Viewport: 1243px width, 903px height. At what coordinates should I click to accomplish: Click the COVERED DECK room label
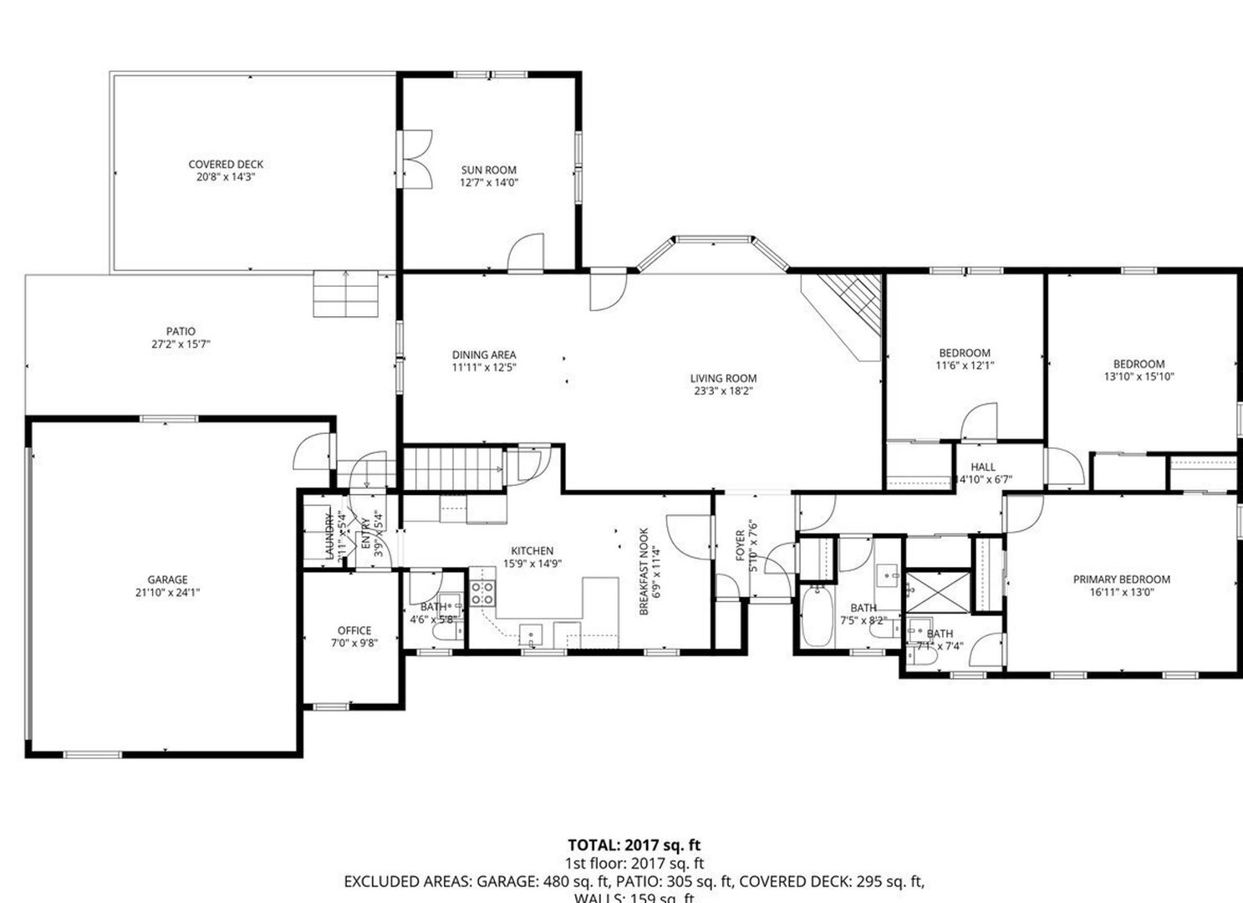pyautogui.click(x=225, y=165)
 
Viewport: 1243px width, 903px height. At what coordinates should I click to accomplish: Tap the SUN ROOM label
pyautogui.click(x=489, y=170)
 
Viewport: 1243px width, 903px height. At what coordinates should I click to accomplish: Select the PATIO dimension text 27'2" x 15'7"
pyautogui.click(x=181, y=344)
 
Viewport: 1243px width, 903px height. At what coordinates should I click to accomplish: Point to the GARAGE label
pyautogui.click(x=167, y=579)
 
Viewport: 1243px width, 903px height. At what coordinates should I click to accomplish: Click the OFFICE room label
pyautogui.click(x=354, y=630)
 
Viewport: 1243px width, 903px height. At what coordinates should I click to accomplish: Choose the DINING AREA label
pyautogui.click(x=484, y=355)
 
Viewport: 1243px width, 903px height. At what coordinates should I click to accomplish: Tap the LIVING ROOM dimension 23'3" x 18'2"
pyautogui.click(x=723, y=390)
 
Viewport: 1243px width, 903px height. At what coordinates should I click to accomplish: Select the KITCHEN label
pyautogui.click(x=532, y=551)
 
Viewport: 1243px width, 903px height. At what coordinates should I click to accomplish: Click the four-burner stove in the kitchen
pyautogui.click(x=481, y=593)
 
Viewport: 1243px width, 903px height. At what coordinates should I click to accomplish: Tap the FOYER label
pyautogui.click(x=741, y=545)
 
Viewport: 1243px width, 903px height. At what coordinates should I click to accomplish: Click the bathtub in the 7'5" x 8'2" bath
pyautogui.click(x=816, y=616)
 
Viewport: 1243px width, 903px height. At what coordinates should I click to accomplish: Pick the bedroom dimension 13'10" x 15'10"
pyautogui.click(x=1139, y=376)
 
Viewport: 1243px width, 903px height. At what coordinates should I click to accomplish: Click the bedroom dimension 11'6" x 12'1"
pyautogui.click(x=964, y=365)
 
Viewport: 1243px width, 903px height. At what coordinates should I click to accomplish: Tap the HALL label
pyautogui.click(x=982, y=467)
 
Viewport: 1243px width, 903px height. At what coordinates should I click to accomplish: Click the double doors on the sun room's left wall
pyautogui.click(x=415, y=159)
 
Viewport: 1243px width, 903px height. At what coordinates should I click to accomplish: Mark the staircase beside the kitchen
pyautogui.click(x=452, y=468)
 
